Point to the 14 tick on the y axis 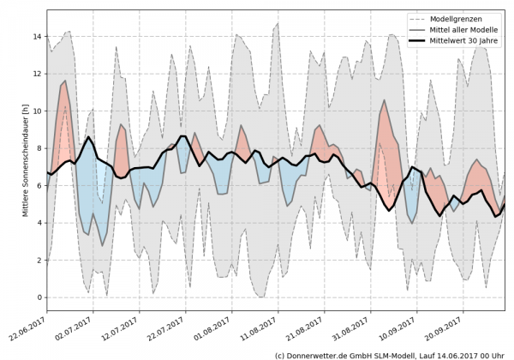click(36, 37)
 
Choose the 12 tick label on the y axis click(36, 74)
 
